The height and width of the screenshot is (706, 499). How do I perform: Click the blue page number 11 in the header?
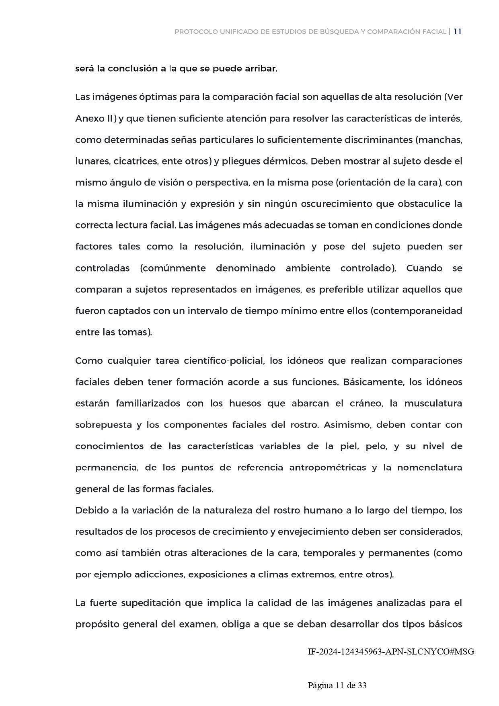tap(457, 32)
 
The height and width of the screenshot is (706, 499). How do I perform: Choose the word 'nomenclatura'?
tap(429, 467)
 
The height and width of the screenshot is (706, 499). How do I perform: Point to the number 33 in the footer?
tap(361, 685)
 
